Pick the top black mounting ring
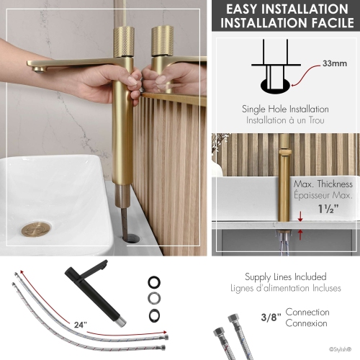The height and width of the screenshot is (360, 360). pyautogui.click(x=154, y=282)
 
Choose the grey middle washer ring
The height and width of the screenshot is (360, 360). pyautogui.click(x=154, y=298)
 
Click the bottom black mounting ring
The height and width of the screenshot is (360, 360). pyautogui.click(x=154, y=315)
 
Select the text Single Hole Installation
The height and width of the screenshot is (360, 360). pyautogui.click(x=285, y=109)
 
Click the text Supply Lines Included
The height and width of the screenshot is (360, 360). pyautogui.click(x=284, y=276)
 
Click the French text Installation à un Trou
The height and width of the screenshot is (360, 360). pyautogui.click(x=285, y=120)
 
